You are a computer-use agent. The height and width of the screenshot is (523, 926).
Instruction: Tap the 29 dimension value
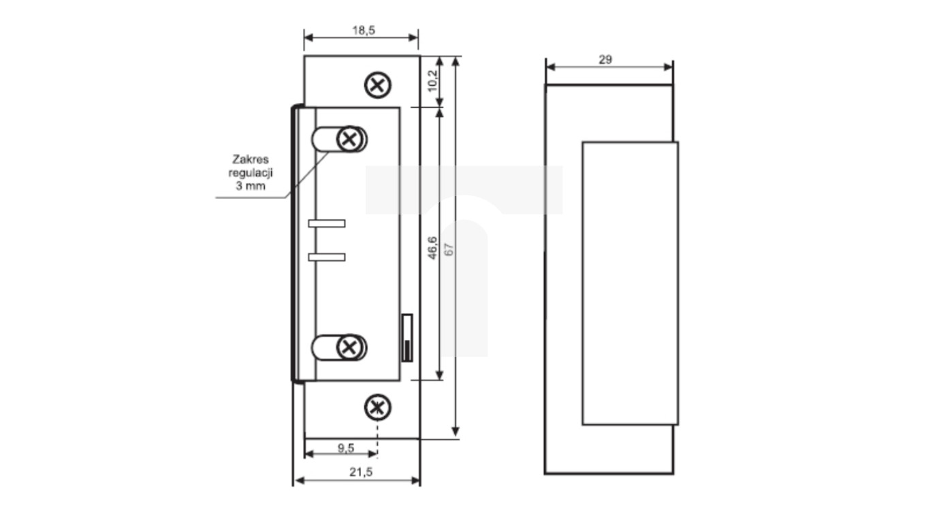click(605, 60)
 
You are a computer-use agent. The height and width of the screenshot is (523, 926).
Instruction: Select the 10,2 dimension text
click(432, 80)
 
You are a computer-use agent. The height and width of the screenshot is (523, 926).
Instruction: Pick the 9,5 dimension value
click(346, 447)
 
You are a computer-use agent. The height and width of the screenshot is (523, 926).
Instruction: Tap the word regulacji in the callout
click(246, 172)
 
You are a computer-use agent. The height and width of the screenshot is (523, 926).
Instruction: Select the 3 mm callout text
click(246, 185)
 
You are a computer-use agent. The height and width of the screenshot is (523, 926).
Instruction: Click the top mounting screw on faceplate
click(378, 85)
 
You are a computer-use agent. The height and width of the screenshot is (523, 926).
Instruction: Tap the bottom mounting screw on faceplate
click(377, 408)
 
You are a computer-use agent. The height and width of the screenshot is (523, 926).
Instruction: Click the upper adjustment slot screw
click(350, 139)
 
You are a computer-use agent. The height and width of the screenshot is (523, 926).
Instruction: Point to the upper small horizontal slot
click(327, 223)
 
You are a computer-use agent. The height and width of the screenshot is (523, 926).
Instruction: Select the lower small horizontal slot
click(327, 257)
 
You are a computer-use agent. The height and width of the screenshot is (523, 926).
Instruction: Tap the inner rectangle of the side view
click(630, 283)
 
